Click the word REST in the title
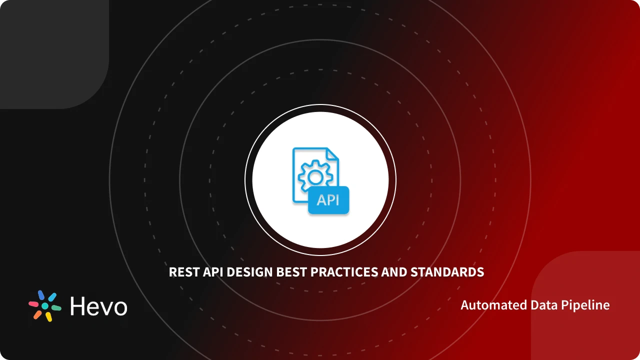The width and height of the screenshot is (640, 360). click(x=181, y=272)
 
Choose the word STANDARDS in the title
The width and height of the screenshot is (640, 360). click(x=447, y=272)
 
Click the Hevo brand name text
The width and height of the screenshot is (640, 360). click(x=98, y=306)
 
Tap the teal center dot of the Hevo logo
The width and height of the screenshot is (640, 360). click(x=45, y=306)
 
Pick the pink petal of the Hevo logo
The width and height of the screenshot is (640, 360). click(x=33, y=303)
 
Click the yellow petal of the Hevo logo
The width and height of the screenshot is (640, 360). click(x=48, y=317)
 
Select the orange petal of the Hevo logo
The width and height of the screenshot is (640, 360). click(x=37, y=314)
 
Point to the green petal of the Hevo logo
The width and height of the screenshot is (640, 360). click(x=56, y=308)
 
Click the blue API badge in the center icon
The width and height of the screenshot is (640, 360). click(x=328, y=200)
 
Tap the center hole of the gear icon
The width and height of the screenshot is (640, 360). click(x=314, y=176)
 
